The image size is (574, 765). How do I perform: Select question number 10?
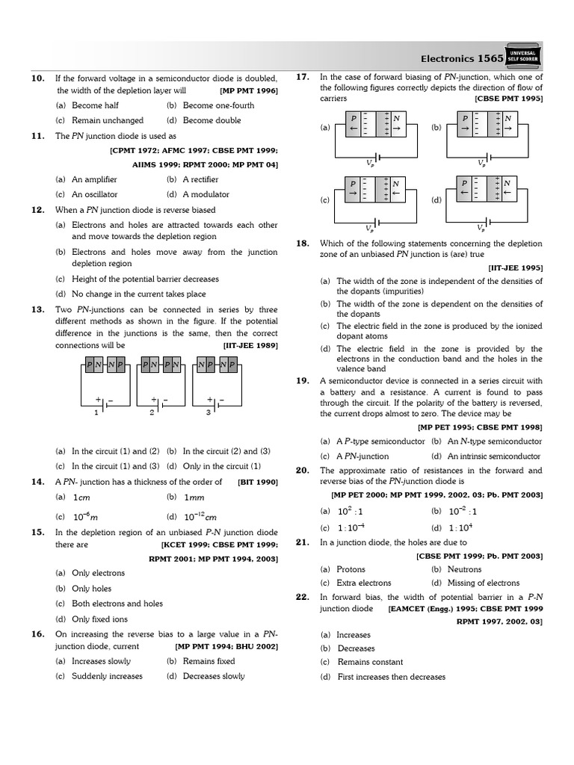tap(37, 78)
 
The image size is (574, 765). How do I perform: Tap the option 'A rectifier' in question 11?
tap(203, 180)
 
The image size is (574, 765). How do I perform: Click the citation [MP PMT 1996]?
tap(249, 91)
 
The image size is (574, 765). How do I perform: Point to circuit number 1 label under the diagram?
tap(95, 412)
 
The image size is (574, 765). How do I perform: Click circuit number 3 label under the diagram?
tap(209, 412)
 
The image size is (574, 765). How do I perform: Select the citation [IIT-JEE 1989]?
tap(250, 346)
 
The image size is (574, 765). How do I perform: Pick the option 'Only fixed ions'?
tap(99, 619)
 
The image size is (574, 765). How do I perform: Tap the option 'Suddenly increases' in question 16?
tap(107, 676)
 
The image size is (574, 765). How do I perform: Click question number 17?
tap(303, 77)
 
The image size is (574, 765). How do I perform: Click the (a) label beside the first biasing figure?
tap(325, 128)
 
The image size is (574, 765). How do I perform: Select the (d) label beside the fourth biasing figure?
tap(436, 200)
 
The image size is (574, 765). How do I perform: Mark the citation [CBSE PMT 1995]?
tap(508, 99)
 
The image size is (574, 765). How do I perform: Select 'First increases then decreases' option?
tap(391, 677)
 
